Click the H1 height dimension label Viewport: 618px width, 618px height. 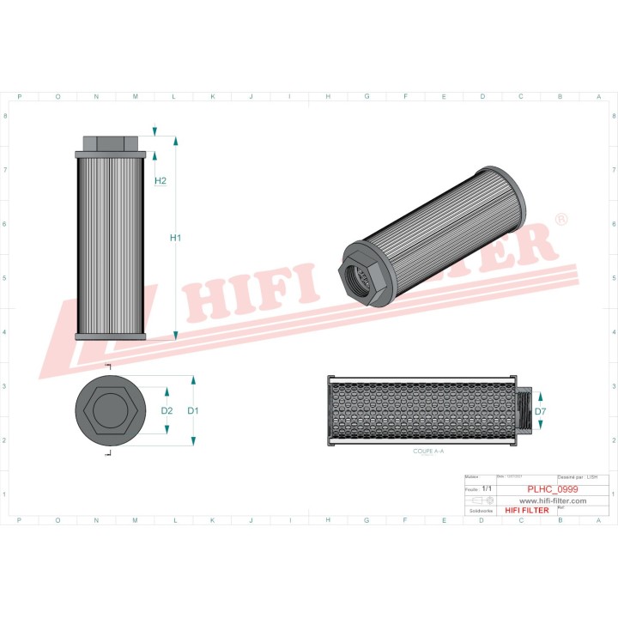point(175,237)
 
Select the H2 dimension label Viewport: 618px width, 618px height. point(161,180)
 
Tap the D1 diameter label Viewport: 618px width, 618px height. point(193,411)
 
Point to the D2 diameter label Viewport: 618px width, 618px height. point(167,411)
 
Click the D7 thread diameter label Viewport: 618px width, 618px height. point(540,412)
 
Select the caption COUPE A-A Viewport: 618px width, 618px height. point(429,451)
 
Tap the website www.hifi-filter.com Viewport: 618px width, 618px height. point(553,500)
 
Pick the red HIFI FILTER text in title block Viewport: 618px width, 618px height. point(526,511)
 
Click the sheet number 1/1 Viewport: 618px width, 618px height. point(488,488)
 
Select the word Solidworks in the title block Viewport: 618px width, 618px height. point(476,511)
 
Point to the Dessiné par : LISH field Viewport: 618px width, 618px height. point(577,476)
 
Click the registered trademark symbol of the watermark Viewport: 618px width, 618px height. point(561,221)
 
